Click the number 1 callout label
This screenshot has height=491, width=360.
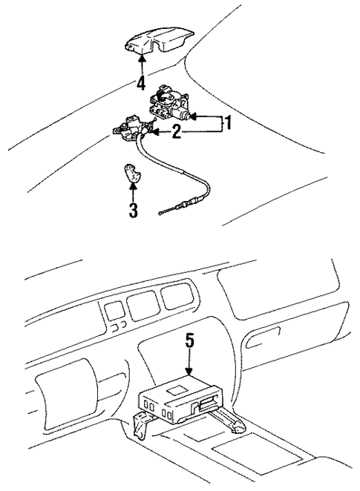pyautogui.click(x=229, y=124)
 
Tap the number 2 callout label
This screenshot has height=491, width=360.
pyautogui.click(x=175, y=133)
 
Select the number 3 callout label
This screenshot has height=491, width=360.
pyautogui.click(x=133, y=211)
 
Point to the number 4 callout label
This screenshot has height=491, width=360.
pyautogui.click(x=141, y=83)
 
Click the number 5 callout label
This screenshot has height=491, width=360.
pyautogui.click(x=189, y=341)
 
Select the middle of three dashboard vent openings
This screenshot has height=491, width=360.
pyautogui.click(x=142, y=303)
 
